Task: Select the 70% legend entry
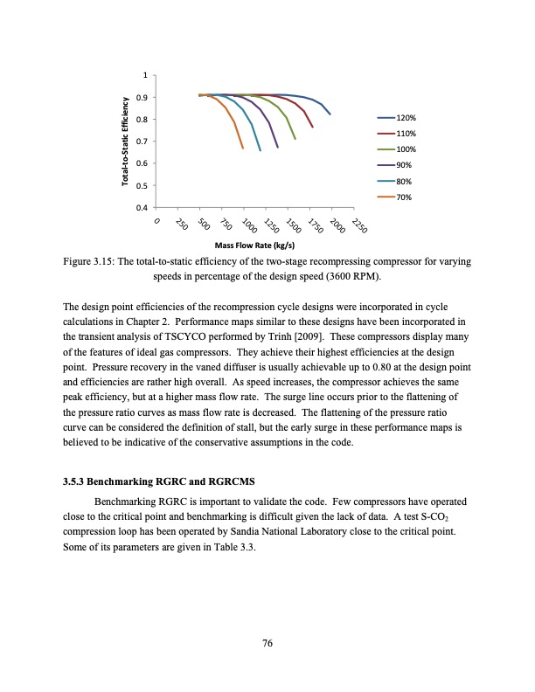[x=403, y=197]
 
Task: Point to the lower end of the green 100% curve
[x=295, y=138]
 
